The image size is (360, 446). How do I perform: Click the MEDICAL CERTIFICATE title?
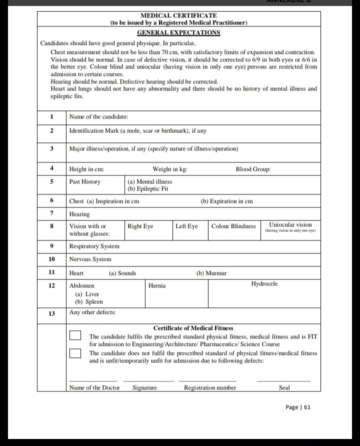click(178, 16)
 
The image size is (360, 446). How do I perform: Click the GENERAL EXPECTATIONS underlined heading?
click(178, 32)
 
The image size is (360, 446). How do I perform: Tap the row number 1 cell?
click(51, 116)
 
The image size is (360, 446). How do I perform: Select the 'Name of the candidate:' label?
click(99, 116)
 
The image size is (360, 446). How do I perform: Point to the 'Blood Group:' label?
click(253, 169)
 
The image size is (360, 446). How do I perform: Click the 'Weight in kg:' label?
click(170, 169)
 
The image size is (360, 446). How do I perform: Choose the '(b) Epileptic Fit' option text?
click(148, 189)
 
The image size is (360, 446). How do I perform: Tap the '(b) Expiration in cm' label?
click(226, 201)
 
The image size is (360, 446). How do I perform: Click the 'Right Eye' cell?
click(140, 226)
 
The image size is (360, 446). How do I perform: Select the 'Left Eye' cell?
click(186, 226)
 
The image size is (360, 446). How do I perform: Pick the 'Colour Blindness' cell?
click(233, 226)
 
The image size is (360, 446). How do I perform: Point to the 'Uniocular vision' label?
click(290, 225)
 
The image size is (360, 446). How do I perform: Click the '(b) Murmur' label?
click(211, 273)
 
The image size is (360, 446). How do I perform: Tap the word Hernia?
click(157, 285)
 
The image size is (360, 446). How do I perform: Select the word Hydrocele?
click(264, 284)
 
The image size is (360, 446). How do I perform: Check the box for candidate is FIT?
click(75, 336)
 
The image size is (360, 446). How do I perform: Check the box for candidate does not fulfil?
click(75, 353)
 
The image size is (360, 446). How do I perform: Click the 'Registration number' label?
click(210, 387)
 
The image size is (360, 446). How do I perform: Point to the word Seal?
click(284, 387)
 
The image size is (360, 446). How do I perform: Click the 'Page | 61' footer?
click(298, 407)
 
